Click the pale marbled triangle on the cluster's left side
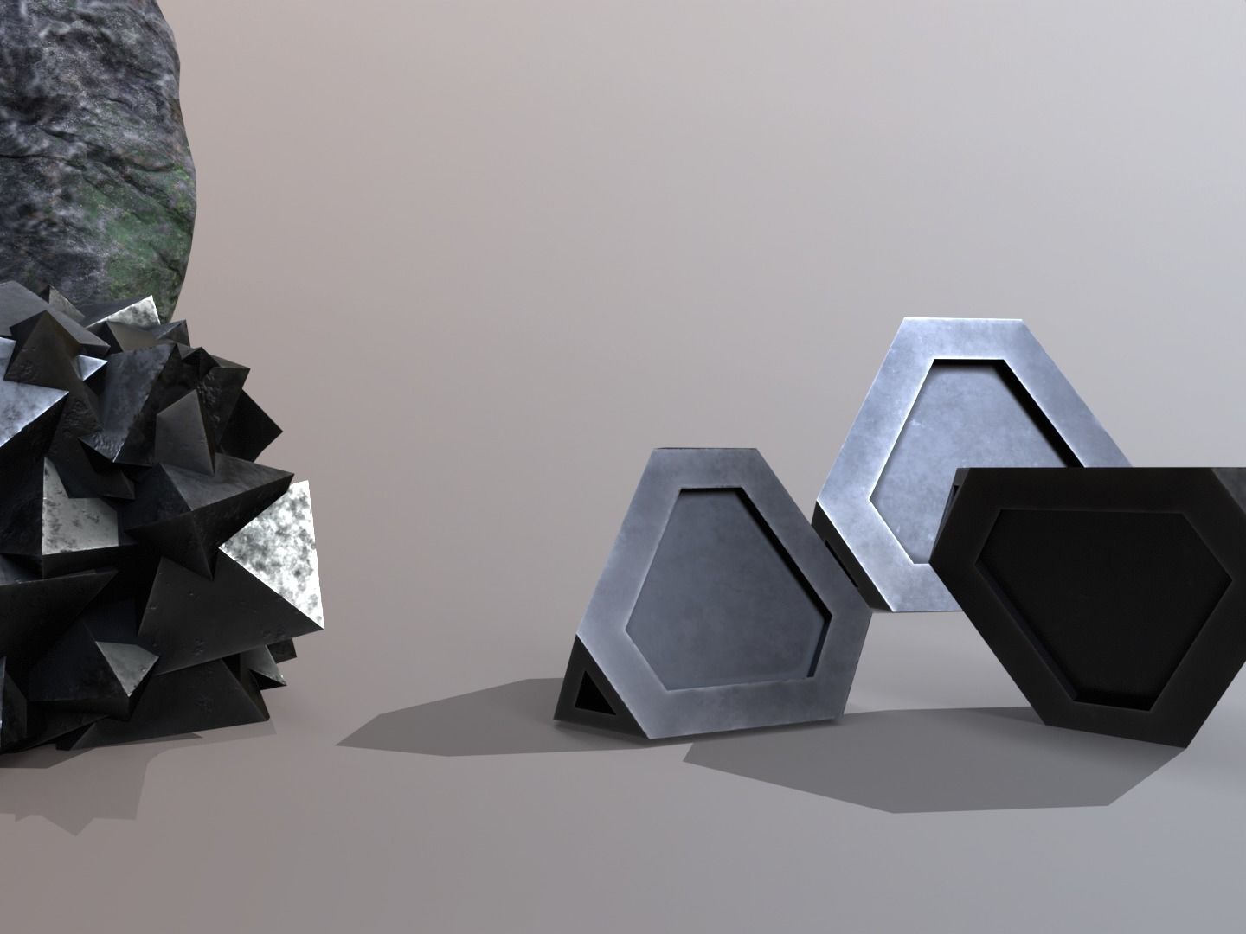click(65, 519)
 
